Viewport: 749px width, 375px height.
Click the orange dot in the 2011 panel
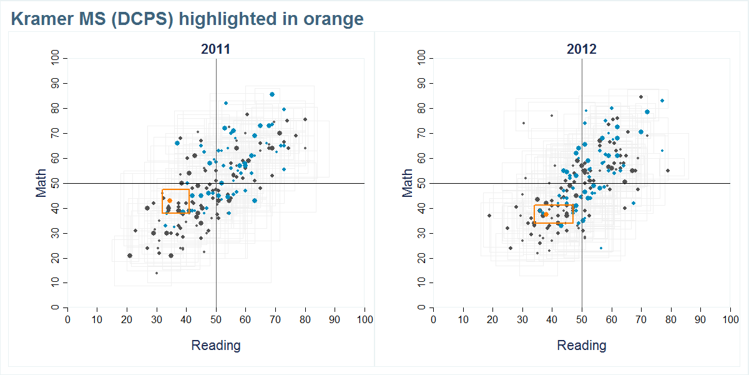point(170,201)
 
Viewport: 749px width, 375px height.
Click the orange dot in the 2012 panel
point(546,214)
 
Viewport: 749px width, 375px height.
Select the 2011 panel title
point(215,49)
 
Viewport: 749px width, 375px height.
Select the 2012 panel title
point(581,49)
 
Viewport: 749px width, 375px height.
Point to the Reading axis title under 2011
point(215,346)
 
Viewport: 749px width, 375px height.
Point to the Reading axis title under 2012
point(581,346)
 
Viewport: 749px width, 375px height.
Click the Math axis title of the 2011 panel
point(41,182)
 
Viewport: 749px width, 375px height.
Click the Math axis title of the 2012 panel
point(407,182)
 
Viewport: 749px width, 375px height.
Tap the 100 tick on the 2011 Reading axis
point(365,319)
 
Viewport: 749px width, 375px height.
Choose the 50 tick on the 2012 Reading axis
point(582,319)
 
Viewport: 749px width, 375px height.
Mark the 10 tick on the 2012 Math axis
point(422,283)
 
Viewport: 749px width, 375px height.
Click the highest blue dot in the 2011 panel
point(272,94)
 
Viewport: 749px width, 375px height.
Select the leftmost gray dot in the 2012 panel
point(489,216)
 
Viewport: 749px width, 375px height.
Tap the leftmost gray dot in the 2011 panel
point(130,255)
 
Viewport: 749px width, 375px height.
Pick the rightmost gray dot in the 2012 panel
point(667,170)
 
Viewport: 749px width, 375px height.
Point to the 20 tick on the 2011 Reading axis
point(127,319)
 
